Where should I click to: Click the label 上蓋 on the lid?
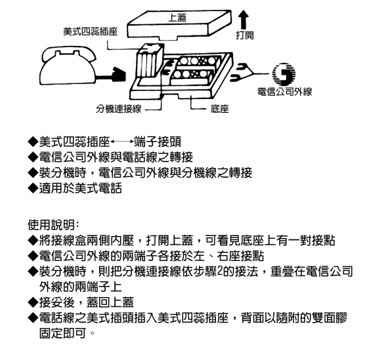[x=177, y=18]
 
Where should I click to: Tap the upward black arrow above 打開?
[x=244, y=20]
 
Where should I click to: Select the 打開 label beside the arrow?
[x=245, y=35]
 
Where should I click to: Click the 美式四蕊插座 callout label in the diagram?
[x=90, y=31]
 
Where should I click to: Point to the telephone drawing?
[x=68, y=66]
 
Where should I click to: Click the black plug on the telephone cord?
[x=119, y=75]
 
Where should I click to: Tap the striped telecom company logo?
[x=284, y=74]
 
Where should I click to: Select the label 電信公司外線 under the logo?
[x=285, y=92]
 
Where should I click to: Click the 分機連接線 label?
[x=119, y=109]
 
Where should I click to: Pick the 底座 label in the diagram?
[x=219, y=109]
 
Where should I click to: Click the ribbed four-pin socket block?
[x=149, y=60]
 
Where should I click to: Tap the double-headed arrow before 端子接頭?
[x=122, y=142]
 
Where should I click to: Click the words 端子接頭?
[x=158, y=142]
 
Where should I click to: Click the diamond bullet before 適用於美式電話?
[x=33, y=188]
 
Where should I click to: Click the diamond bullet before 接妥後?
[x=33, y=302]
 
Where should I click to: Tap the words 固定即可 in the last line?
[x=62, y=333]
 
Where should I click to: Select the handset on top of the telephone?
[x=70, y=55]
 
